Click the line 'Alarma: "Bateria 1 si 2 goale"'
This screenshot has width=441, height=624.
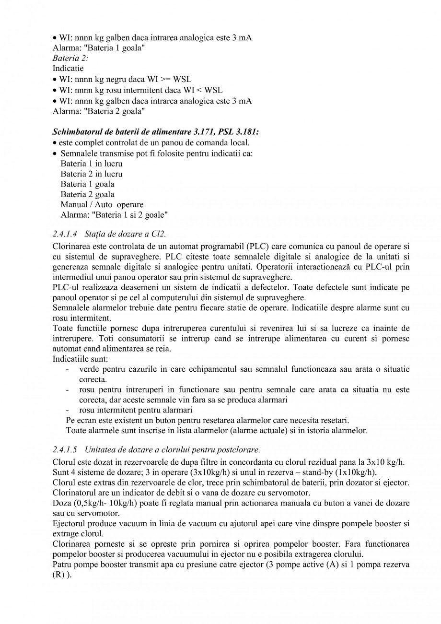[x=114, y=214]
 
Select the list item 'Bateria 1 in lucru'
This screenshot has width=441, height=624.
[x=91, y=164]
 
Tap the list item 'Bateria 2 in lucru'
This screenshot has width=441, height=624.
[x=91, y=174]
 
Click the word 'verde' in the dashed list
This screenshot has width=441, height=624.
[x=88, y=369]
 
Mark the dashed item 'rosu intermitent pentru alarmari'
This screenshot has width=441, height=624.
[x=135, y=410]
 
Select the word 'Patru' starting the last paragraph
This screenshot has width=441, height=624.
[x=62, y=565]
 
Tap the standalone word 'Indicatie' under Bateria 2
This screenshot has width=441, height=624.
[x=68, y=68]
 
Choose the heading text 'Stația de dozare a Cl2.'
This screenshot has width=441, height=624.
[x=125, y=234]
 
